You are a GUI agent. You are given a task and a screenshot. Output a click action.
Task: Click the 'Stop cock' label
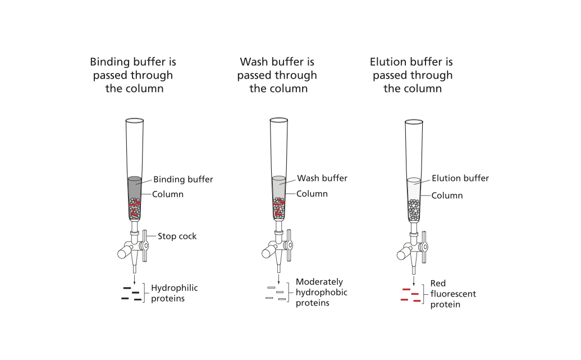coord(177,236)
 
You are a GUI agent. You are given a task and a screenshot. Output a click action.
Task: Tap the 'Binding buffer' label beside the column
coord(183,180)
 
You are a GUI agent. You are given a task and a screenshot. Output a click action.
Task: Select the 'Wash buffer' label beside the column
coord(322,179)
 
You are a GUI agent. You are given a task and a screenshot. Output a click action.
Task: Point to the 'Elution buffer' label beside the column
coord(460,179)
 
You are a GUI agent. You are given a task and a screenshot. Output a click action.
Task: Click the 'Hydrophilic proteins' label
coord(174,293)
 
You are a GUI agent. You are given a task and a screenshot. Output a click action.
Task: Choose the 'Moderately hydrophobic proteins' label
coord(321,293)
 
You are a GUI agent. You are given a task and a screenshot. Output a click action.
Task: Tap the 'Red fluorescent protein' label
coord(453,294)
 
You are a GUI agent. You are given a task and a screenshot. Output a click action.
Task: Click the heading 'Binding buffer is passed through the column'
coord(134,75)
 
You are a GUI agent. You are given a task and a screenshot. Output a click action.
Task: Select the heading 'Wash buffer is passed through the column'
coord(277,75)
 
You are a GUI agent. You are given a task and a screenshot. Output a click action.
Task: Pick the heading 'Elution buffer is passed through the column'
coord(412,75)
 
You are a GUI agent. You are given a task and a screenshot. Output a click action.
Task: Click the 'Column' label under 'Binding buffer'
coord(168,194)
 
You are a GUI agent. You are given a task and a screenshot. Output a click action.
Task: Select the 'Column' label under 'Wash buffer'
coord(312,194)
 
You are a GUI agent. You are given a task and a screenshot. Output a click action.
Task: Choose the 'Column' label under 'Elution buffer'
coord(447,195)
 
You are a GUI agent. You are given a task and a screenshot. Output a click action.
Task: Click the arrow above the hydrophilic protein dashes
coord(135,279)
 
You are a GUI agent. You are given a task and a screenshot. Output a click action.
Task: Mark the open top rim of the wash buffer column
coord(278,120)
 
